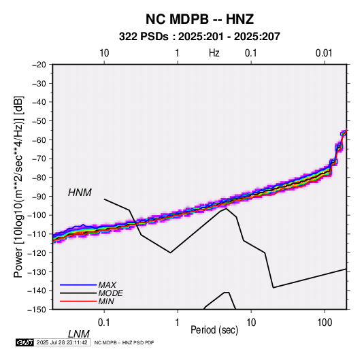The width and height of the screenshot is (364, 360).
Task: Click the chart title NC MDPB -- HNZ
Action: coord(199,19)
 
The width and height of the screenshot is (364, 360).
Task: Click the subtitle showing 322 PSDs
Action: coord(199,37)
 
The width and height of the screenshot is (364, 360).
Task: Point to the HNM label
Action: coord(80,193)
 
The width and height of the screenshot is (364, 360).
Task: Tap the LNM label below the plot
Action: coord(79,334)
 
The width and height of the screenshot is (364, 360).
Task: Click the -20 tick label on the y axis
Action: coord(39,65)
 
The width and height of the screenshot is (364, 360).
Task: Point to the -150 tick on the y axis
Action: coord(37,310)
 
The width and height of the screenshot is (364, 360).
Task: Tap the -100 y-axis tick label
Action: coord(37,215)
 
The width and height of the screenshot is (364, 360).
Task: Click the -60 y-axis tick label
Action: coord(39,140)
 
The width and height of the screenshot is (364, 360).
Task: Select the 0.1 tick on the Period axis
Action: coord(104,323)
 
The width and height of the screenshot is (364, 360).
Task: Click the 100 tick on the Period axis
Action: coord(325,323)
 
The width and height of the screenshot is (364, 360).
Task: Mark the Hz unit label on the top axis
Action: coord(214,53)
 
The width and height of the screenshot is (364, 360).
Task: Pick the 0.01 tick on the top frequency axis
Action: coord(324,53)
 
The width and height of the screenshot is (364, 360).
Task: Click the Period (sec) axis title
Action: coord(214,330)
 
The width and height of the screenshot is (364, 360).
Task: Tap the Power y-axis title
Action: coord(18,187)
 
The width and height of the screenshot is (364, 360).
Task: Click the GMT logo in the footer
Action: coord(25,342)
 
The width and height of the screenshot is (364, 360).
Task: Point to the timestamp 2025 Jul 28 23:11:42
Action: coord(62,342)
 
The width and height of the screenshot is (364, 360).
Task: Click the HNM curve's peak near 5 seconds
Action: coord(227,208)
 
